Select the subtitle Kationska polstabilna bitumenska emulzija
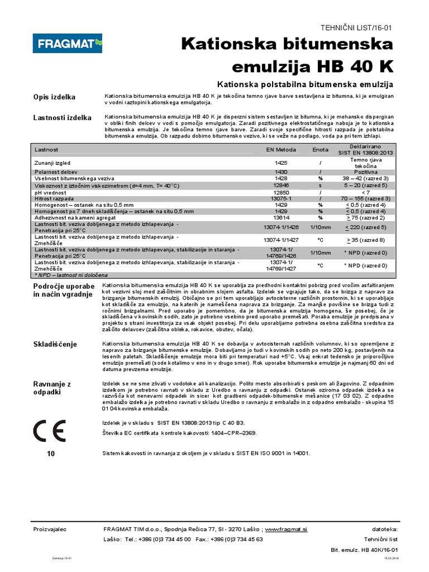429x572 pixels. tap(305, 84)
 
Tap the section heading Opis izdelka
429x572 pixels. tap(55, 97)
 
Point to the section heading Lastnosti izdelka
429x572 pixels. tap(63, 118)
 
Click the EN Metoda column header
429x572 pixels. tap(280, 150)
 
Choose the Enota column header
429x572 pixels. tap(321, 150)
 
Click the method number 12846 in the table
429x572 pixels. tap(280, 184)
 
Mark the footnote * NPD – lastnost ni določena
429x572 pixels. tap(71, 275)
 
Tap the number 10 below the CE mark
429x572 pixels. tap(51, 454)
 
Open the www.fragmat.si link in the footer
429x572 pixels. tap(286, 529)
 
